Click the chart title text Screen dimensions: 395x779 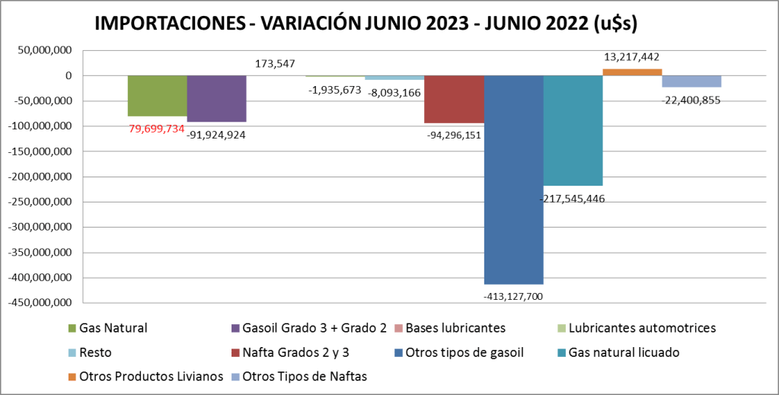click(366, 24)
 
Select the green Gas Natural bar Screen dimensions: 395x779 click(157, 96)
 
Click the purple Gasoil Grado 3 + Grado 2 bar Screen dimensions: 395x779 click(216, 99)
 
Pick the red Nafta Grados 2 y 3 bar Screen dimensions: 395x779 click(454, 100)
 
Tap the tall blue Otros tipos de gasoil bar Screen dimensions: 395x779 click(513, 180)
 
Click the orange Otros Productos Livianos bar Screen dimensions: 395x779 click(632, 72)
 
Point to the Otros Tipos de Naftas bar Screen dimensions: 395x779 click(691, 81)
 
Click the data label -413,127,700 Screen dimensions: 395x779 click(513, 296)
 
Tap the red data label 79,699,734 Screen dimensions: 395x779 click(156, 129)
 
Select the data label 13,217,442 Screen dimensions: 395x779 click(631, 56)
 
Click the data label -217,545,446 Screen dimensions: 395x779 click(572, 199)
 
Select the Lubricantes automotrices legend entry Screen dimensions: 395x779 click(636, 328)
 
